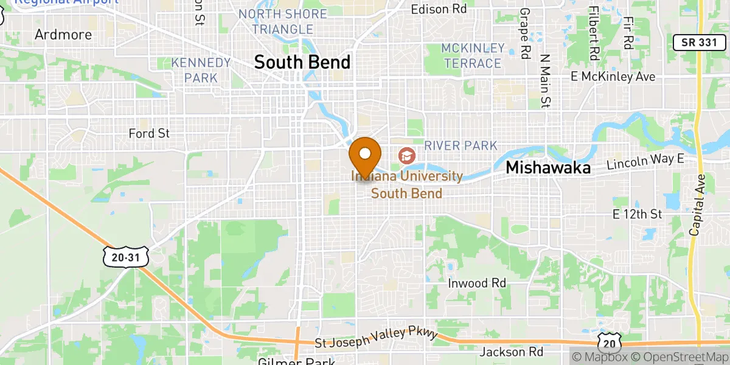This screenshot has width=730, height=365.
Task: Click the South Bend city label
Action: point(302,62)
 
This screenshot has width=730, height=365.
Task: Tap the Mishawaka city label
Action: point(548,168)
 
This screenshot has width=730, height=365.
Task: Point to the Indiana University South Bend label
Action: point(406,184)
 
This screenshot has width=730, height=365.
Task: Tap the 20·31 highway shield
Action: point(125,258)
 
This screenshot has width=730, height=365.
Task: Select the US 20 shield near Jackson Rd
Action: point(609,343)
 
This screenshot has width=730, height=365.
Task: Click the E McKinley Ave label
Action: point(613,77)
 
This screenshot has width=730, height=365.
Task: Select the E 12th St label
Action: point(637,214)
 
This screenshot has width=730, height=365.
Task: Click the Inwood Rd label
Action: point(477,283)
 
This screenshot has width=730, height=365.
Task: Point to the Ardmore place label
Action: point(63,35)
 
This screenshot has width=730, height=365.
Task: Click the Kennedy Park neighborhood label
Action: point(201,70)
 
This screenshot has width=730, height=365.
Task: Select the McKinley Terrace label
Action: point(473,55)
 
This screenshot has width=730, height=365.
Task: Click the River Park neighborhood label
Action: point(461,145)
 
